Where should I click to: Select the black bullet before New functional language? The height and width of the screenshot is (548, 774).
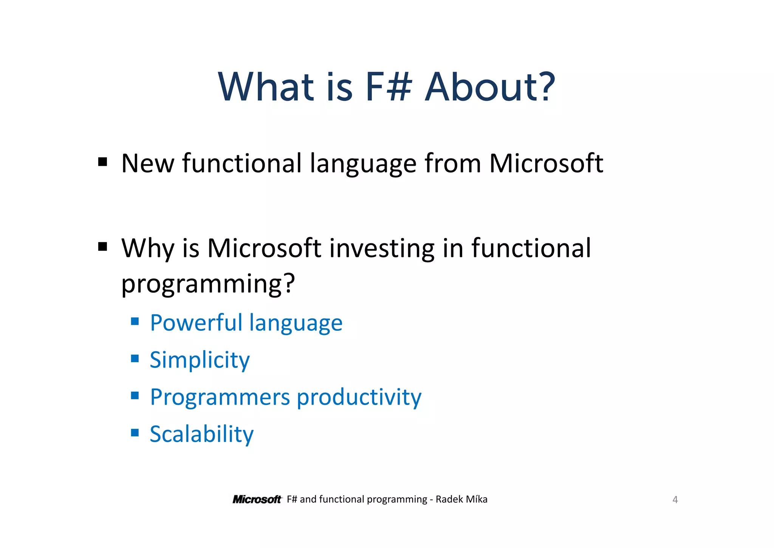pyautogui.click(x=102, y=162)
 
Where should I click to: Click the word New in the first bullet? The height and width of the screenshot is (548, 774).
pyautogui.click(x=148, y=163)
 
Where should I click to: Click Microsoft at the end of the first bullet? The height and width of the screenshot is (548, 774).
pyautogui.click(x=546, y=163)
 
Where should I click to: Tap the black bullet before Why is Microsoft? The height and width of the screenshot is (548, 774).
pyautogui.click(x=102, y=247)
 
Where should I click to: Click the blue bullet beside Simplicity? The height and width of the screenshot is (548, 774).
pyautogui.click(x=135, y=358)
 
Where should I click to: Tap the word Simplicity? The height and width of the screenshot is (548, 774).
pyautogui.click(x=200, y=360)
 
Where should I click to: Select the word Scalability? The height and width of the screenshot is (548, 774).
pyautogui.click(x=201, y=434)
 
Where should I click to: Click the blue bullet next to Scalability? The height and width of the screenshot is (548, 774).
pyautogui.click(x=135, y=432)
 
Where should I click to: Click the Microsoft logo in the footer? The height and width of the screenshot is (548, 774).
pyautogui.click(x=257, y=500)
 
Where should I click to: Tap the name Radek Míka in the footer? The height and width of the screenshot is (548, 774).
pyautogui.click(x=461, y=500)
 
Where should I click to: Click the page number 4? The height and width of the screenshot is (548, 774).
pyautogui.click(x=675, y=500)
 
